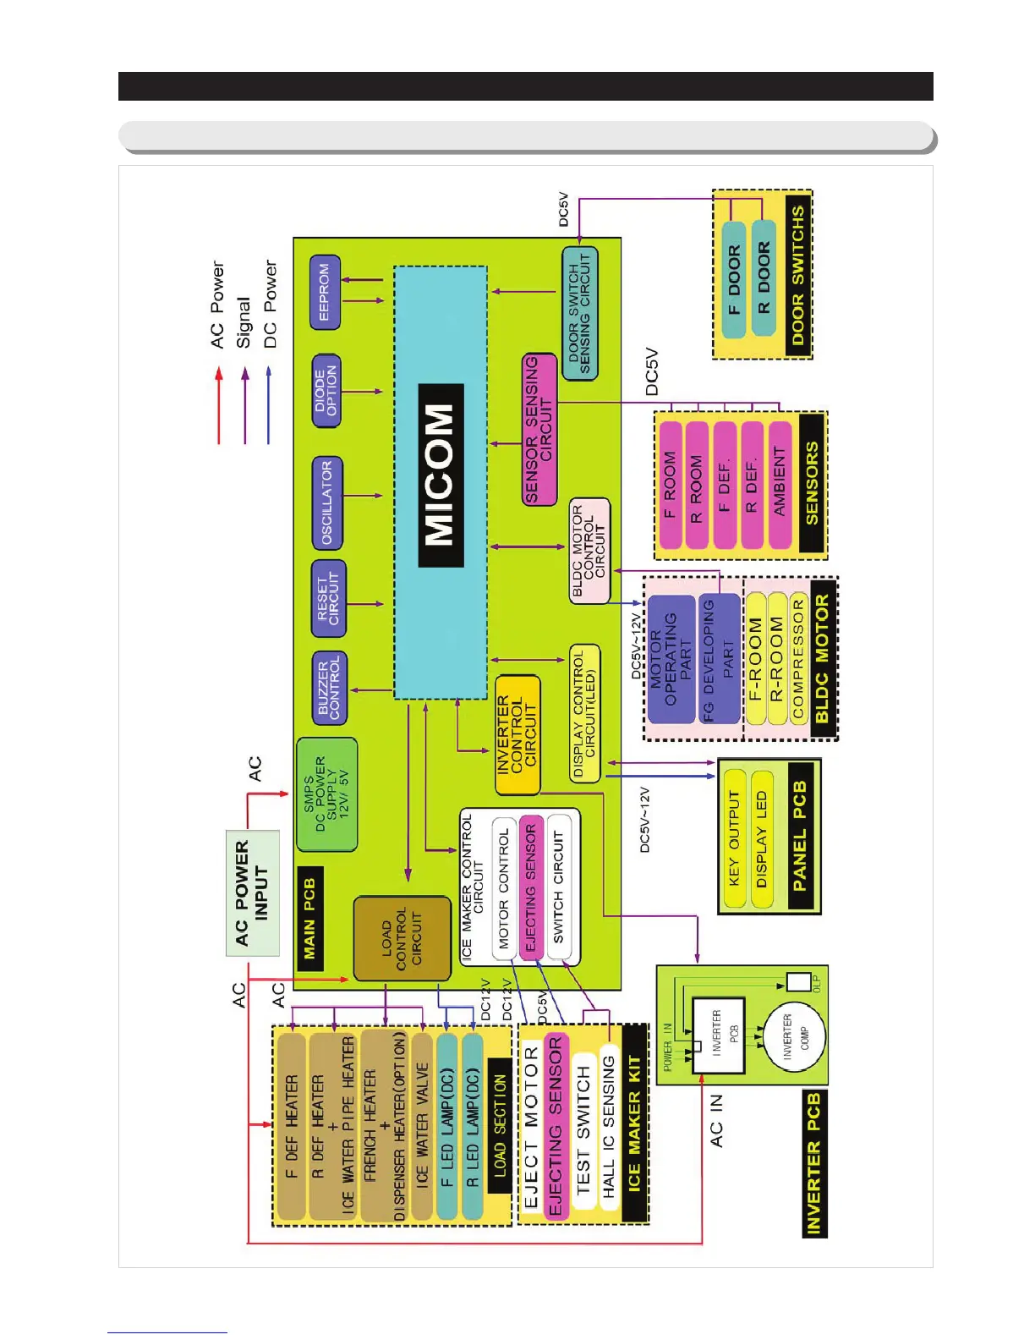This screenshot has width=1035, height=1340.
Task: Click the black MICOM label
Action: pos(441,475)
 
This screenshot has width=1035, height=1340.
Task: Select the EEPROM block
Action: pos(325,292)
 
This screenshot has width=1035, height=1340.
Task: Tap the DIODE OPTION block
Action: pos(326,390)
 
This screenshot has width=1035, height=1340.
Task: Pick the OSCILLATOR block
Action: pos(327,502)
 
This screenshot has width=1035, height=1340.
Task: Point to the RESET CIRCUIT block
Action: pos(328,599)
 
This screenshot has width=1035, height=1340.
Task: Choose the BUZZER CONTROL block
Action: pos(329,688)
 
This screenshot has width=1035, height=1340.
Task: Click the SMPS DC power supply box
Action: pos(326,794)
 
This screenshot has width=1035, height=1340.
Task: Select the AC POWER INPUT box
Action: pos(252,892)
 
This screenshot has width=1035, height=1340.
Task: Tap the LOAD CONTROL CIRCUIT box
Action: pos(402,938)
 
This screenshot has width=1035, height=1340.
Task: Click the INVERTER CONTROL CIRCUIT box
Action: pos(517,734)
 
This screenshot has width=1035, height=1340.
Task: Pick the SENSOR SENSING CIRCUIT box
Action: pos(539,430)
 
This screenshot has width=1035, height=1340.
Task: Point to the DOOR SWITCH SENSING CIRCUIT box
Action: pos(579,313)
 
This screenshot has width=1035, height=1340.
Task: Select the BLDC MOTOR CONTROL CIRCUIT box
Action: pos(589,551)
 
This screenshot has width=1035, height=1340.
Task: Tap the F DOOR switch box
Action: pos(734,279)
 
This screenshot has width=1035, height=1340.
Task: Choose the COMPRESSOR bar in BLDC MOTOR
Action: pos(798,659)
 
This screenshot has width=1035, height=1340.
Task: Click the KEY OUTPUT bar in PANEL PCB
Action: pos(734,838)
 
